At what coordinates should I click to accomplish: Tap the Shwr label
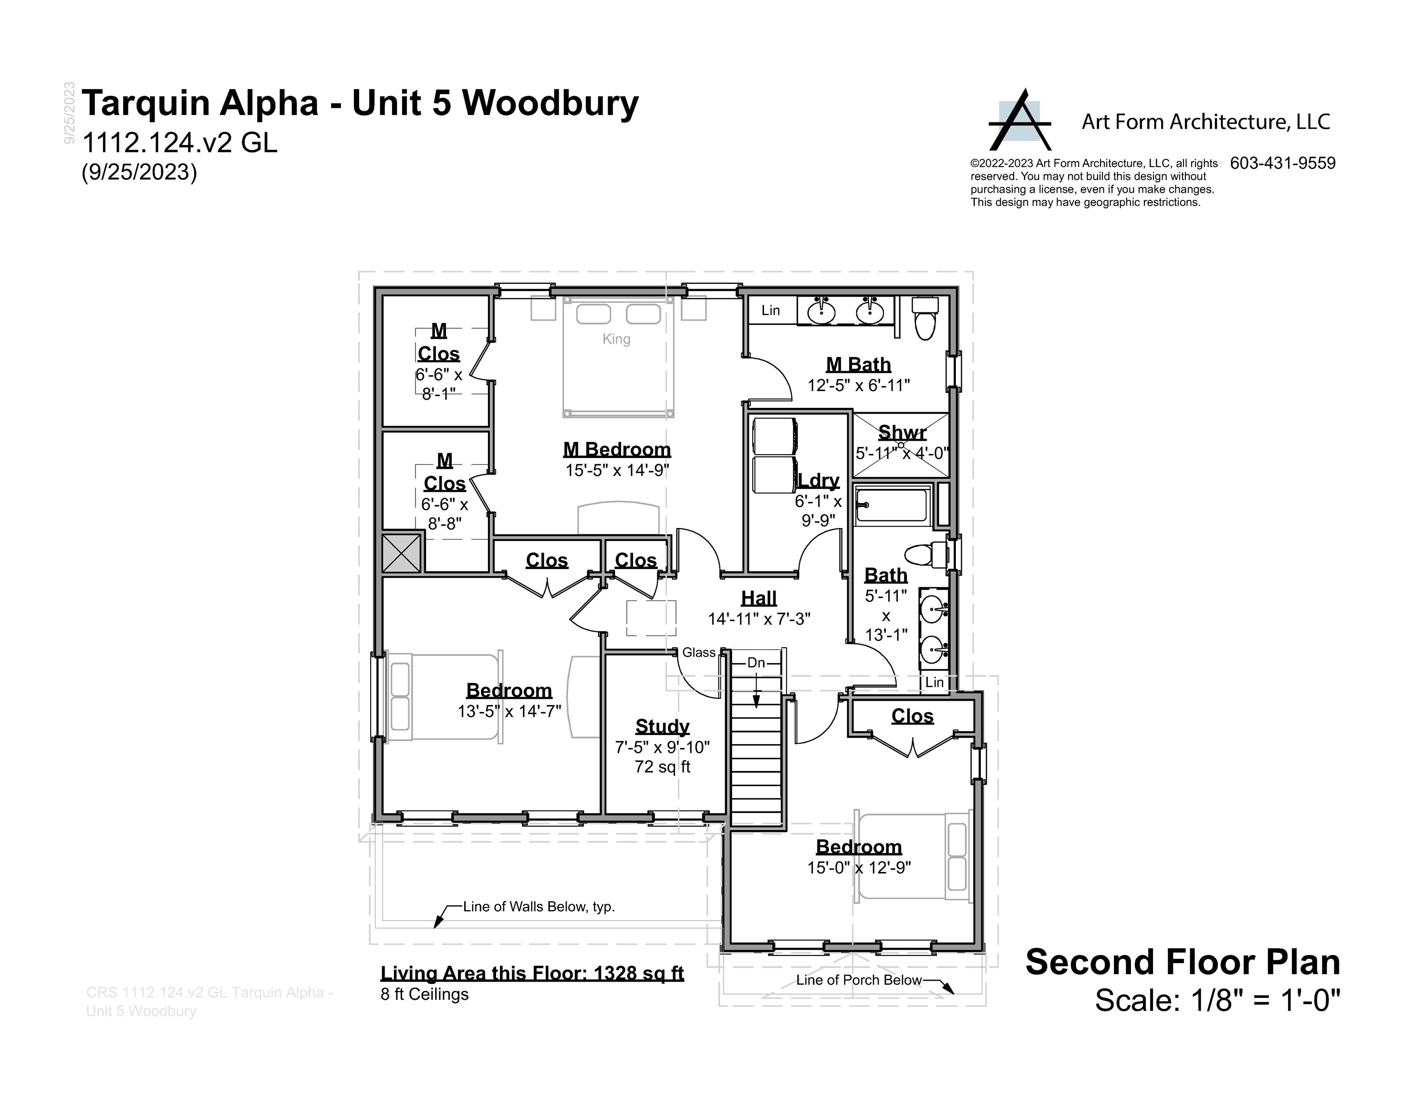(902, 432)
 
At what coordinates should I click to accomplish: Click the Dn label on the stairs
(756, 663)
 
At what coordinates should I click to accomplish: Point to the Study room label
(662, 726)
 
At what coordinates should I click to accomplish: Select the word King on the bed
(616, 339)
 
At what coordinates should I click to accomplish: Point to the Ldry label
(819, 480)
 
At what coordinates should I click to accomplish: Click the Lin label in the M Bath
(770, 311)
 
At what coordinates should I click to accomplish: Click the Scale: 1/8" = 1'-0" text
(1217, 1000)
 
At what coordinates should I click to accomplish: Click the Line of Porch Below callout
(858, 980)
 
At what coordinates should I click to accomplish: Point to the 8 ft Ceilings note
(425, 994)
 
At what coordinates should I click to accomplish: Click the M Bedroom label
(617, 449)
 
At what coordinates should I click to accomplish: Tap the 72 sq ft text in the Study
(662, 767)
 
